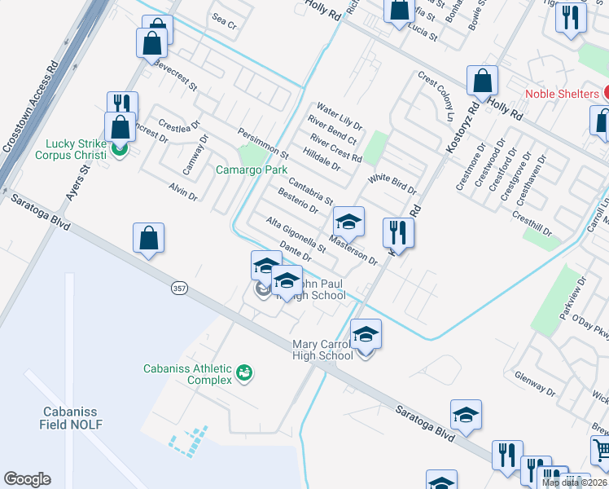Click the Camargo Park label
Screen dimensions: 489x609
point(252,170)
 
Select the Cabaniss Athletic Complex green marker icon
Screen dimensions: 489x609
point(243,373)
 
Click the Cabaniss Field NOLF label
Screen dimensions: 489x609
point(71,418)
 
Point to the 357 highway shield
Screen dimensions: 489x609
point(180,288)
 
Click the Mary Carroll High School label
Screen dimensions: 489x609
point(323,350)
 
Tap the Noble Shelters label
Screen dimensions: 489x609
point(562,94)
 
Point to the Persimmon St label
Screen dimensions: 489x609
point(263,143)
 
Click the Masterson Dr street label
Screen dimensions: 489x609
point(355,249)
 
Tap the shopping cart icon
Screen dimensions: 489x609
point(600,449)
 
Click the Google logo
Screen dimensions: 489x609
point(27,479)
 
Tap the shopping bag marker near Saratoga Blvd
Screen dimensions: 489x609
point(149,238)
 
